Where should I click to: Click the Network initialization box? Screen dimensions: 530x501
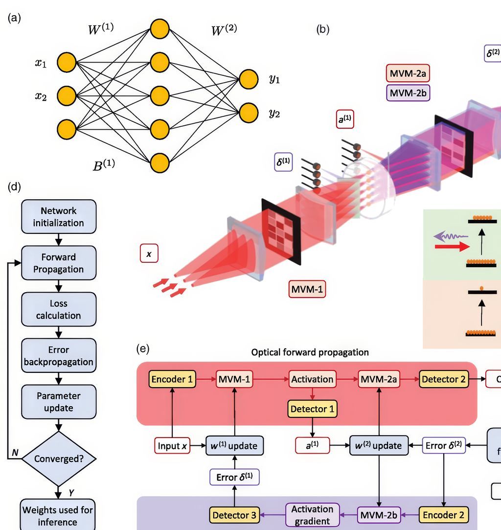coord(58,217)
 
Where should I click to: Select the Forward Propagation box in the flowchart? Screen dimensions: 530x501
coord(58,263)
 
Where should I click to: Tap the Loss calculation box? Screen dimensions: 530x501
coord(58,309)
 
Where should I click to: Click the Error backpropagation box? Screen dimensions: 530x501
coord(58,356)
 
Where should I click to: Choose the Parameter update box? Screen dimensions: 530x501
coord(58,402)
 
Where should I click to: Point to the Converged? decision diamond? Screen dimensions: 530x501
coord(58,459)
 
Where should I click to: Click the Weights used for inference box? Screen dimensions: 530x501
coord(58,515)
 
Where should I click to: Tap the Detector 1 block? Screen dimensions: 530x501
coord(313,409)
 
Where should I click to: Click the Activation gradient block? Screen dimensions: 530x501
coord(312,515)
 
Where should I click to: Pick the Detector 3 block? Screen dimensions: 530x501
coord(234,515)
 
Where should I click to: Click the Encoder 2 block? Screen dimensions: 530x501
coord(443,515)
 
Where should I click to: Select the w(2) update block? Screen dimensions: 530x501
coord(379,445)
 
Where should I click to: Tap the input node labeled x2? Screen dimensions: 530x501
coord(67,96)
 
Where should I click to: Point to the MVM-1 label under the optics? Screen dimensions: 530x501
coord(307,289)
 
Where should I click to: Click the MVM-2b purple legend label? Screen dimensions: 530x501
coord(408,92)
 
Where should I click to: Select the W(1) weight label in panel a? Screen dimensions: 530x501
coord(100,28)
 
